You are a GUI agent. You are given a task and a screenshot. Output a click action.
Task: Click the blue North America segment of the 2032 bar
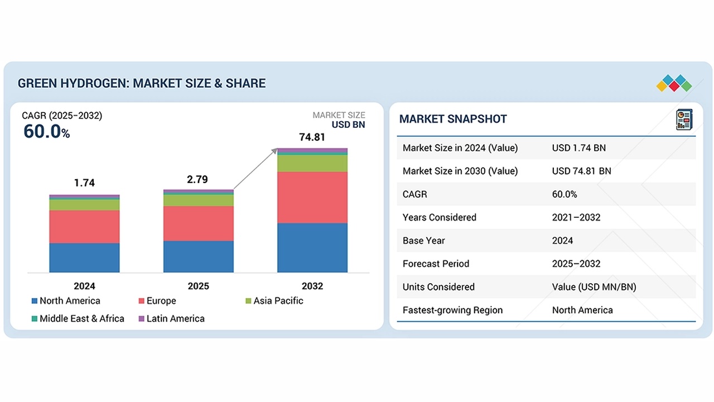click(x=312, y=247)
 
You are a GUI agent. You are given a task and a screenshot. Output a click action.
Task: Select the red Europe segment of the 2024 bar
click(x=84, y=227)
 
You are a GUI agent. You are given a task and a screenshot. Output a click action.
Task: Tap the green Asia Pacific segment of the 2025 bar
click(x=199, y=200)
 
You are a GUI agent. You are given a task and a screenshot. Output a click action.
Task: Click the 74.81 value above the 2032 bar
click(x=312, y=137)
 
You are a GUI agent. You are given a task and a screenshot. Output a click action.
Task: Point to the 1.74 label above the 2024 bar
click(x=84, y=183)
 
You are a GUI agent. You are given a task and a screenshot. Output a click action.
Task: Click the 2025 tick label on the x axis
click(x=199, y=286)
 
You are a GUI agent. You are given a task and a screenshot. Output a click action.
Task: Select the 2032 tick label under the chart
click(x=312, y=286)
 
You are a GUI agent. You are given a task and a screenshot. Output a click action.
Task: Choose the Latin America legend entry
click(x=171, y=318)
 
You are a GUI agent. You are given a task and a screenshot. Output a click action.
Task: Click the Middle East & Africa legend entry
click(x=78, y=318)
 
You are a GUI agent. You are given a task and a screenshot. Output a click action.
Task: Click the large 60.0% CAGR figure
click(x=46, y=132)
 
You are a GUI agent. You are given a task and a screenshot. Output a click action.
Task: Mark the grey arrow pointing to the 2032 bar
click(x=255, y=169)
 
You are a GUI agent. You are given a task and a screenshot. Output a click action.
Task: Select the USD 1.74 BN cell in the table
click(x=578, y=148)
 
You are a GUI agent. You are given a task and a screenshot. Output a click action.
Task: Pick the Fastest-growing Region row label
click(x=452, y=310)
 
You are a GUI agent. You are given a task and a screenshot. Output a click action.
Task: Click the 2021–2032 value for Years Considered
click(x=576, y=217)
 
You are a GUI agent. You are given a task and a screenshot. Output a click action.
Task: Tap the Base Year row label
click(x=423, y=241)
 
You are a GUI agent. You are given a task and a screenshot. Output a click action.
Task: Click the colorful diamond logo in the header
click(x=674, y=83)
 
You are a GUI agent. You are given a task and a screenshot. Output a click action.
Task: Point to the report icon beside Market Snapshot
click(x=683, y=119)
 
